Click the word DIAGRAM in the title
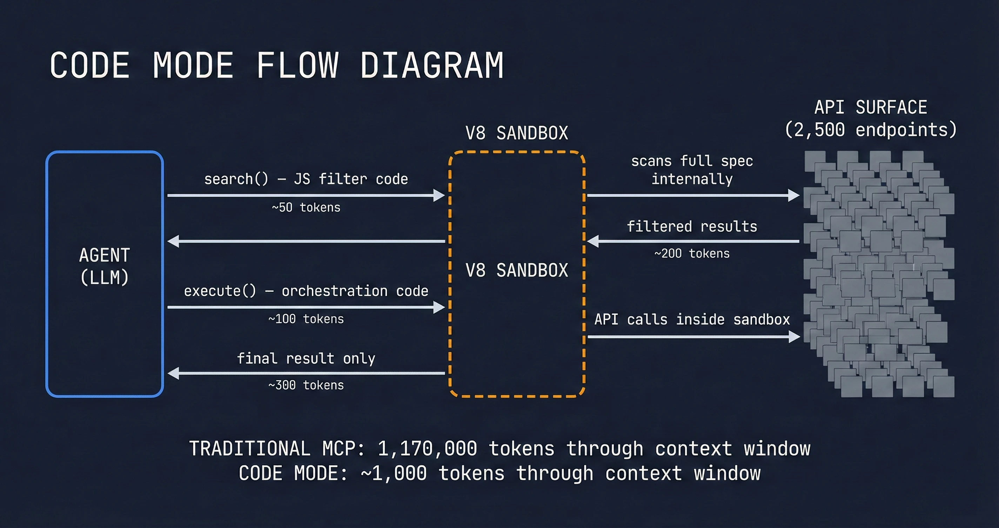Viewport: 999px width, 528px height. coord(432,66)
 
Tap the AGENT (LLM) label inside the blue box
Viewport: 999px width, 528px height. coord(104,266)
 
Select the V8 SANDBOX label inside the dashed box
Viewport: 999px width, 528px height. coord(517,270)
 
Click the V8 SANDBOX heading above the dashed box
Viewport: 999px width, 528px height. coord(517,133)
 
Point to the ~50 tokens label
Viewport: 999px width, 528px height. coord(306,208)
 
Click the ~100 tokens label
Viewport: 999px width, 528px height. coord(306,319)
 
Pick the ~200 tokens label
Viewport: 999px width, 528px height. coord(692,253)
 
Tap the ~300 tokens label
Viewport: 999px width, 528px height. coord(306,385)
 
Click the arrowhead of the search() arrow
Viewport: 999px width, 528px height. coord(440,195)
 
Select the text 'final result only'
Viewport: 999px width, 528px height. coord(306,358)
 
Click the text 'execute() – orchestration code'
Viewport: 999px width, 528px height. coord(306,291)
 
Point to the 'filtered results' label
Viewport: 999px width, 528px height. coord(692,226)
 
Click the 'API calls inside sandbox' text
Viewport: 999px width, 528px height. coord(692,319)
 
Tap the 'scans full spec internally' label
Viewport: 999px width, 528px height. coord(692,170)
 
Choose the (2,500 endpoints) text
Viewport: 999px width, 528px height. coord(871,130)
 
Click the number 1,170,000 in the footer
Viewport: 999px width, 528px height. coord(427,449)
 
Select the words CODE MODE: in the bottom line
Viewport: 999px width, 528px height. coord(293,474)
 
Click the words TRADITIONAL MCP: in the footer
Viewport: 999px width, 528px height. coord(276,449)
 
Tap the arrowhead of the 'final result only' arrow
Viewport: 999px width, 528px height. coord(173,374)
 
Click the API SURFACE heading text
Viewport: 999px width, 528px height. coord(871,107)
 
